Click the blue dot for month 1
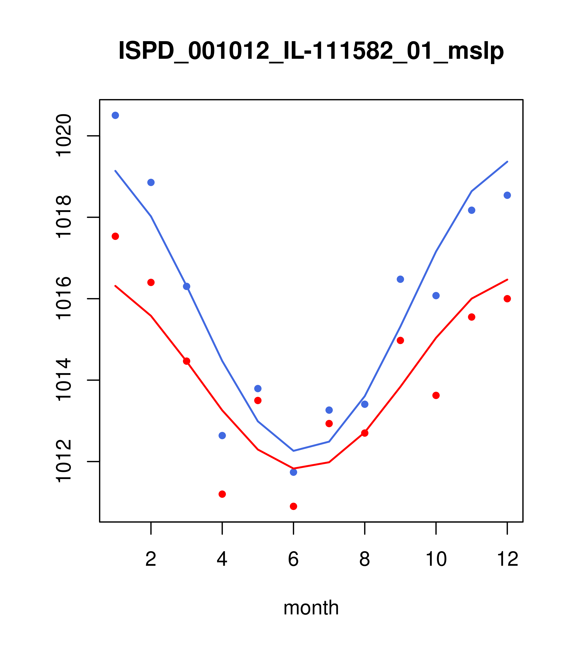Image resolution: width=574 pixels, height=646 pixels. (115, 115)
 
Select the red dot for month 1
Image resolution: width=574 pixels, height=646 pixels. (115, 236)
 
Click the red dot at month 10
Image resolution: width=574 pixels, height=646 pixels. (436, 395)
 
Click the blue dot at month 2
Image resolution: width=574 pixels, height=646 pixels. (151, 182)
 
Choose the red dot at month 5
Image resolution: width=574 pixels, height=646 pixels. (258, 400)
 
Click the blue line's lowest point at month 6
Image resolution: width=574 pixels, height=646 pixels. (293, 451)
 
